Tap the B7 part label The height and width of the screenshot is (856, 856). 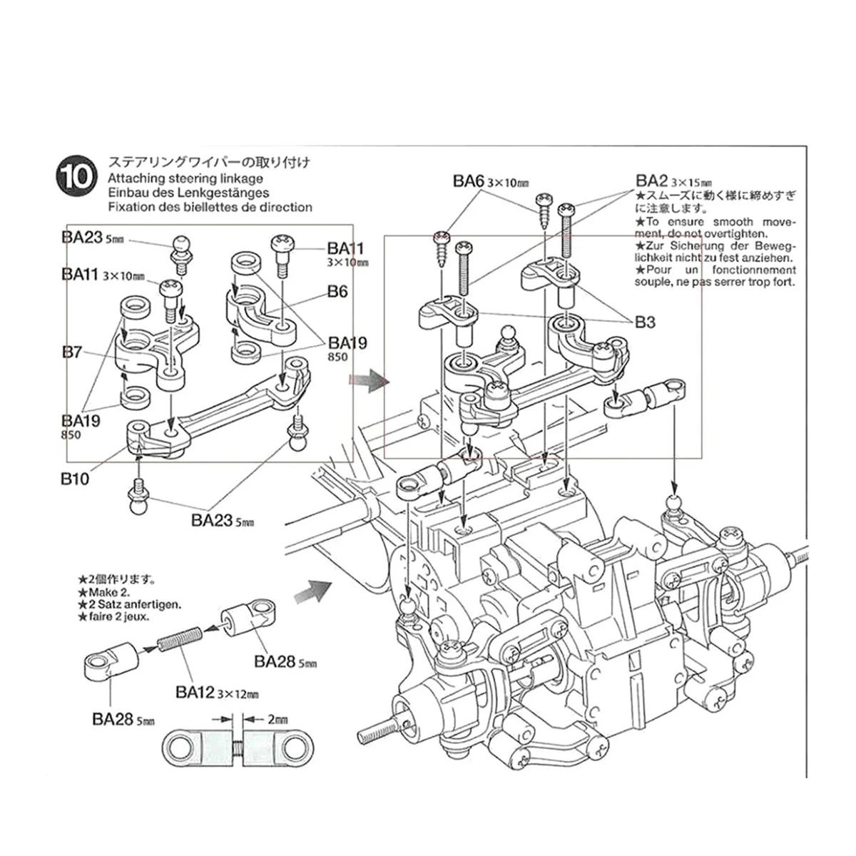click(72, 352)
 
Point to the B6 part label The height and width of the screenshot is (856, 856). click(337, 291)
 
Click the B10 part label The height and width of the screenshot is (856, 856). click(75, 479)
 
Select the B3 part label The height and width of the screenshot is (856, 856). click(645, 322)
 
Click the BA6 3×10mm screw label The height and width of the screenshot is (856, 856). click(491, 182)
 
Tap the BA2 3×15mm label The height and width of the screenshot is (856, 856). click(673, 181)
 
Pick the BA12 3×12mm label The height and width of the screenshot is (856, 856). click(216, 692)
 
